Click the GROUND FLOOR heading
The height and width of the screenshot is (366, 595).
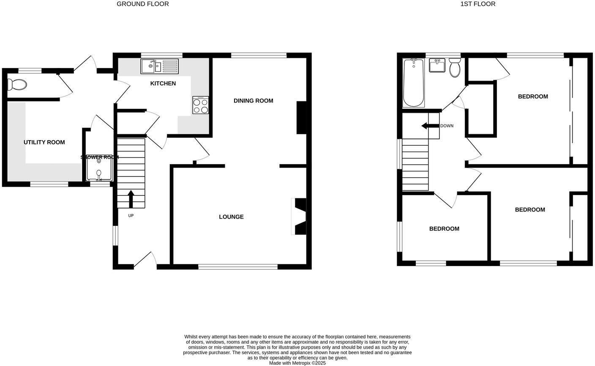click(x=142, y=4)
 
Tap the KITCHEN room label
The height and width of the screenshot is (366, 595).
click(x=163, y=84)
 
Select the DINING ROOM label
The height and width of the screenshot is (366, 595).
click(x=254, y=100)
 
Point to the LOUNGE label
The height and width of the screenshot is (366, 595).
click(x=231, y=217)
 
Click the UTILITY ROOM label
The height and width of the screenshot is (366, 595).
click(x=44, y=142)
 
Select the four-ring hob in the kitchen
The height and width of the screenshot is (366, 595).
click(x=201, y=105)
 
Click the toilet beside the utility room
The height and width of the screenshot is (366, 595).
click(x=17, y=85)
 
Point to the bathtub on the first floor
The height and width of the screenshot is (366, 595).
click(x=413, y=83)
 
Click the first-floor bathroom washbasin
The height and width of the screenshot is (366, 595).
click(x=437, y=66)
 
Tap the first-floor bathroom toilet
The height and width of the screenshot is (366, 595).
click(x=455, y=68)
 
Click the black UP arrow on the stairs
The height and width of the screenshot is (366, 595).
click(x=131, y=199)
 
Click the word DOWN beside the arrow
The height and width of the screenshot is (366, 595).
click(x=447, y=126)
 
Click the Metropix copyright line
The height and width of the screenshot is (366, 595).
click(x=297, y=363)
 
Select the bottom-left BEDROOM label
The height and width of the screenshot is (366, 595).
click(x=444, y=229)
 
